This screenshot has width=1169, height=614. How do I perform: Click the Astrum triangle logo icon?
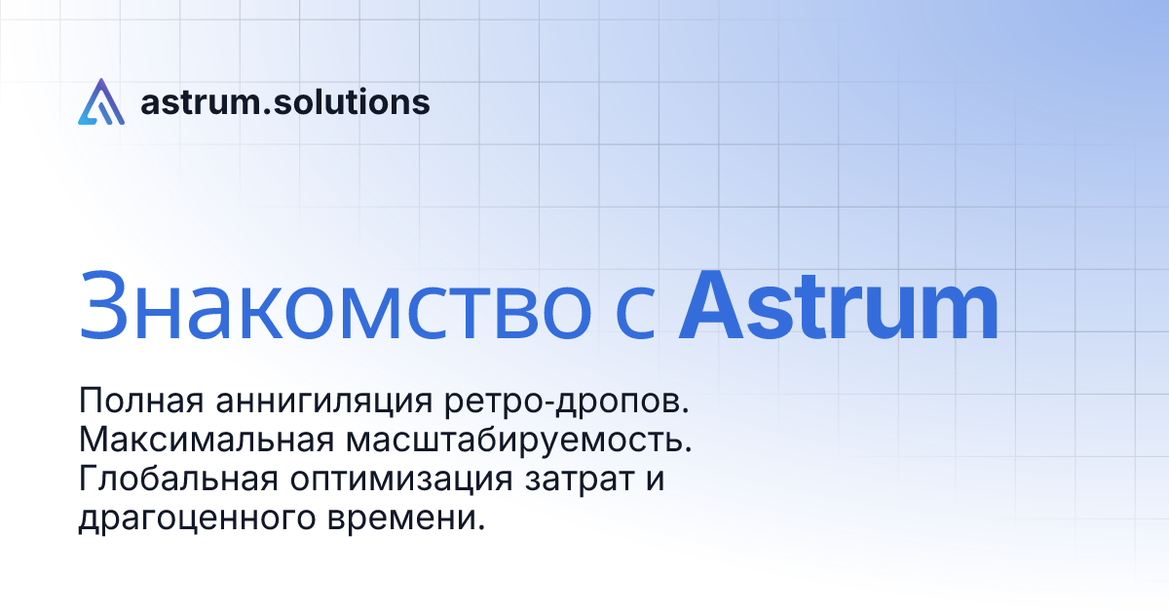click(x=101, y=101)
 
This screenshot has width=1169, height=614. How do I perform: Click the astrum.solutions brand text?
click(x=284, y=101)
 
